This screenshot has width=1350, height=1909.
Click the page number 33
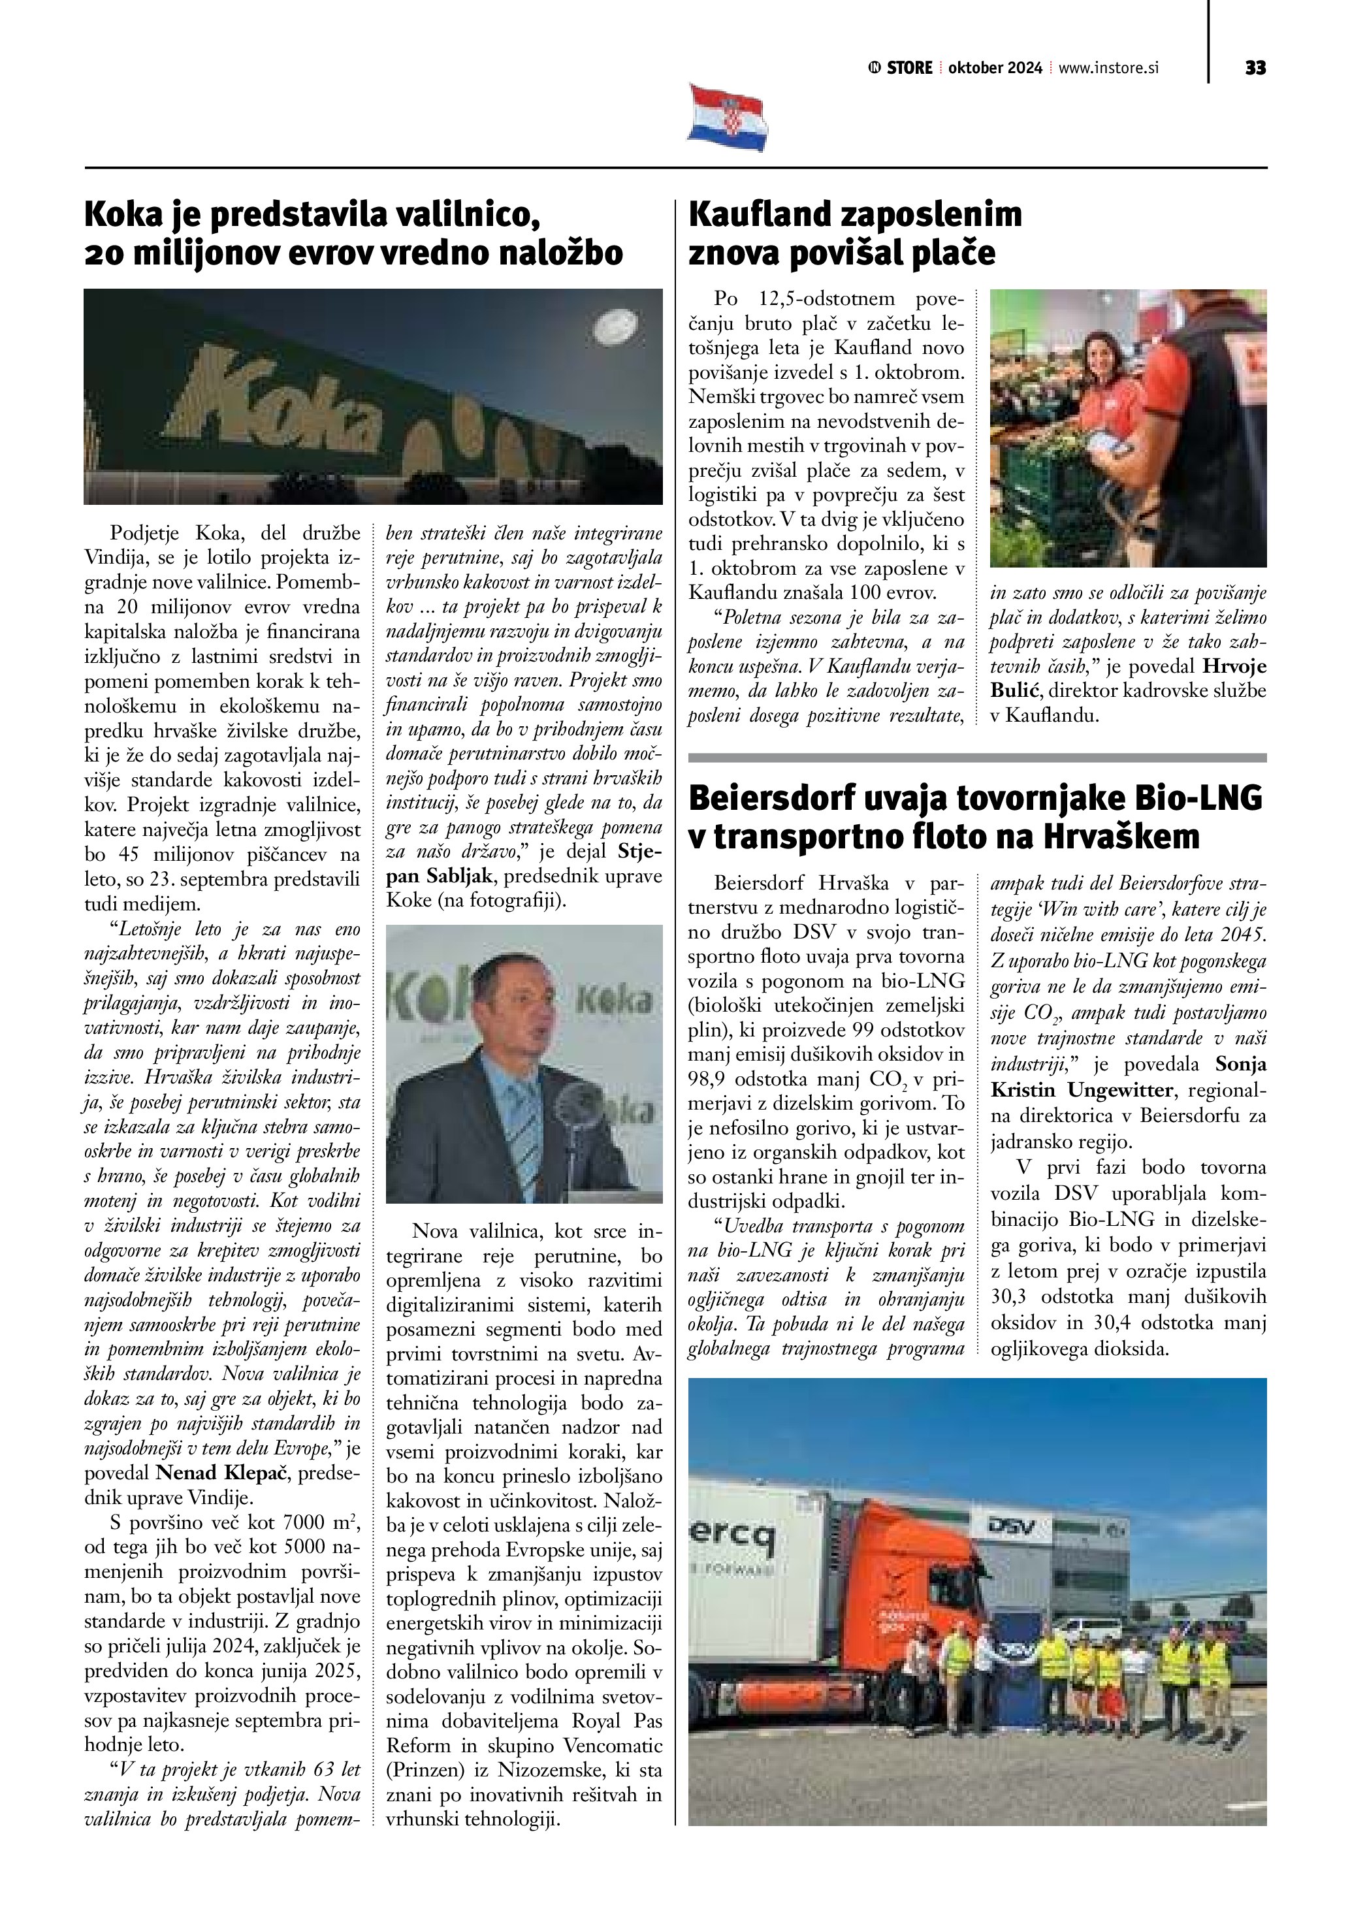point(1255,68)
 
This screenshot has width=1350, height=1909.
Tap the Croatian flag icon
point(728,118)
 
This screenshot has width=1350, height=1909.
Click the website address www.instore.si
point(1108,68)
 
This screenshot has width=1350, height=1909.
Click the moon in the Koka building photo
point(617,325)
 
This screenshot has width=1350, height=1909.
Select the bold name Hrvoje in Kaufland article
point(1234,666)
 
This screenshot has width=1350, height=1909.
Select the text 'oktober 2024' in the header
point(995,68)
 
